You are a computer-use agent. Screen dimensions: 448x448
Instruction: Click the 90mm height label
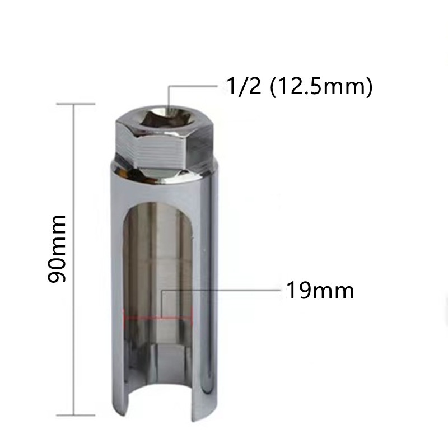click(x=57, y=249)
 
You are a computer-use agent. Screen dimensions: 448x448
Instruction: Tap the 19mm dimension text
click(x=320, y=290)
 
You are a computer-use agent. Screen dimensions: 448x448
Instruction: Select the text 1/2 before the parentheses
click(x=244, y=86)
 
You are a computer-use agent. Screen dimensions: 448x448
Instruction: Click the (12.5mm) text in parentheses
click(x=321, y=87)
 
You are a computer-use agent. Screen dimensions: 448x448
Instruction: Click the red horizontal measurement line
click(x=158, y=317)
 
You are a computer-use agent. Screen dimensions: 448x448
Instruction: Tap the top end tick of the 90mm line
click(x=76, y=104)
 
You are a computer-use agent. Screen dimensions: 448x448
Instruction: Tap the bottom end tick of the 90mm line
click(x=76, y=415)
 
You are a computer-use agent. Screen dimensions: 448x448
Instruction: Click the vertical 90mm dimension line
click(x=74, y=259)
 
